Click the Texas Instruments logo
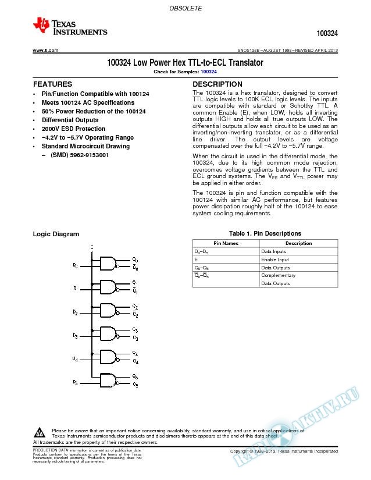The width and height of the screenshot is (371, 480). pos(70,26)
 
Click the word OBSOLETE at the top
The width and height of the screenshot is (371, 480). pos(185,9)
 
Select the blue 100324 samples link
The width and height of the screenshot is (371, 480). pos(209,71)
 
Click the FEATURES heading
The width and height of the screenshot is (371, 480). pos(53,84)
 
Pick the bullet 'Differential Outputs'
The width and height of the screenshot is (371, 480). pos(70,120)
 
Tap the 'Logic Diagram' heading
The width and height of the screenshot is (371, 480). pos(56,234)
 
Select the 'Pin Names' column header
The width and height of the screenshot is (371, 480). pos(226,243)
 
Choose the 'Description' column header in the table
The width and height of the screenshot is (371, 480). pos(298,243)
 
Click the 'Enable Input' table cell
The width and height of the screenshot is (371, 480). pos(275,259)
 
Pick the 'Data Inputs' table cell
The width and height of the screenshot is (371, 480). pos(273,251)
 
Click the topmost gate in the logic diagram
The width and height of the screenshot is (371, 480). pos(109,264)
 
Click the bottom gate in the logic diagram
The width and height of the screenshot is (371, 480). pos(109,381)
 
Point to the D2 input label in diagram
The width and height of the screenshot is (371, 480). pos(75,313)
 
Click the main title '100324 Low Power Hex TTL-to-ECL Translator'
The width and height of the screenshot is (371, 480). pos(185,62)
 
